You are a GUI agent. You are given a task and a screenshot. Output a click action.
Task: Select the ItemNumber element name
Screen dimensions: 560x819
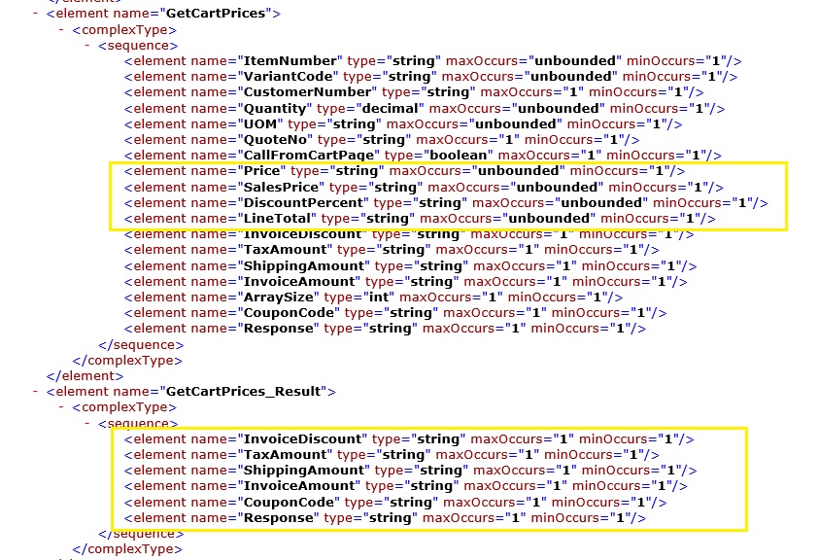pyautogui.click(x=290, y=60)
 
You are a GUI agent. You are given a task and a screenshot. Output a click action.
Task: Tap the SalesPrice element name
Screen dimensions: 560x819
pyautogui.click(x=280, y=187)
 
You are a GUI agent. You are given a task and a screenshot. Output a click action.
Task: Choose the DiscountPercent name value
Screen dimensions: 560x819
pyautogui.click(x=301, y=202)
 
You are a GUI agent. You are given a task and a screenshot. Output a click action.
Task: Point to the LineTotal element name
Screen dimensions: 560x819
pyautogui.click(x=275, y=219)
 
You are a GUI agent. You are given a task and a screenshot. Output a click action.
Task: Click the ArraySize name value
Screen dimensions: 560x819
pyautogui.click(x=275, y=297)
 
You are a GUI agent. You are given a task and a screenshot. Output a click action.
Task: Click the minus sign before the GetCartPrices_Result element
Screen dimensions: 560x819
pyautogui.click(x=36, y=392)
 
